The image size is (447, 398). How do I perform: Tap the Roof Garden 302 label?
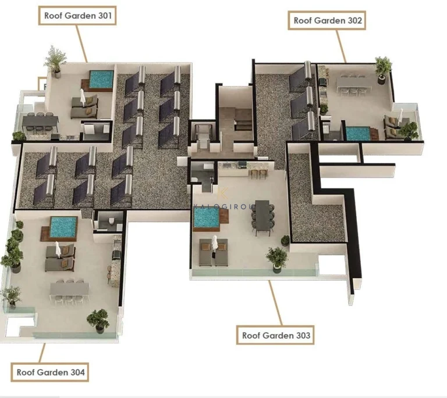point(327,20)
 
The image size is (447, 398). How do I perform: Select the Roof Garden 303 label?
point(276,335)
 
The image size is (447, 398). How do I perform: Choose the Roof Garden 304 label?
point(50,371)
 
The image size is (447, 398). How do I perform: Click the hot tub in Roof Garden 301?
point(101,78)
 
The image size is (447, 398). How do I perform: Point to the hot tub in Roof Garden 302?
point(357,133)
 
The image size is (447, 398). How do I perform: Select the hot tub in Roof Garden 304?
point(63,225)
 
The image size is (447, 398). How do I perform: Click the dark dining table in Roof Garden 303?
point(262,215)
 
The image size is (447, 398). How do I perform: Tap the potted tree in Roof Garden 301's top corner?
point(55,60)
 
